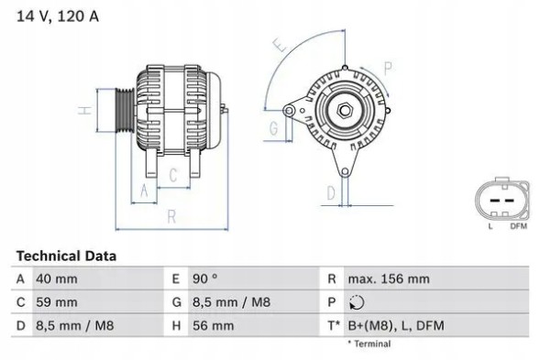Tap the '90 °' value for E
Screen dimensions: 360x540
(x=204, y=278)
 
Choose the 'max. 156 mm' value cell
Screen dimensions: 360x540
(x=389, y=278)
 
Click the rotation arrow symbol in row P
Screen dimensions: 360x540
(x=358, y=301)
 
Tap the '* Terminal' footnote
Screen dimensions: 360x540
(x=369, y=344)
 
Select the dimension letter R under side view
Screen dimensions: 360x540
(x=171, y=216)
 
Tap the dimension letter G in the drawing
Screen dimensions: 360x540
(x=273, y=130)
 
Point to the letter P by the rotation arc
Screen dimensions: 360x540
(x=388, y=67)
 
